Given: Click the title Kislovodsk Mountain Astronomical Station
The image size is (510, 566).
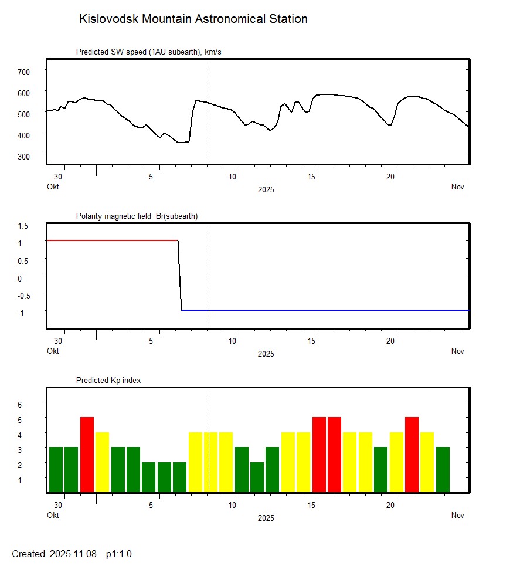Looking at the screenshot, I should [x=193, y=19].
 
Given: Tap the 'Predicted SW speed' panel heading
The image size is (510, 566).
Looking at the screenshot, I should [x=148, y=52].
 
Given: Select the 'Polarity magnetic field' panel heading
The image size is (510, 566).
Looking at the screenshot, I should [x=137, y=216].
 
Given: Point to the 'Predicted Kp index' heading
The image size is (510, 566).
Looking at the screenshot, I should [x=108, y=381].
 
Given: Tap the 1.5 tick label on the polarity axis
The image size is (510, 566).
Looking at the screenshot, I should [x=23, y=225].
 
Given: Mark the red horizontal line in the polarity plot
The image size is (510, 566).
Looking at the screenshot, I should [x=111, y=240].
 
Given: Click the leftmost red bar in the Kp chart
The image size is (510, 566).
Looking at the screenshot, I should [x=87, y=455].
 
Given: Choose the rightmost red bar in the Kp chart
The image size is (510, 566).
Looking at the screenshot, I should [x=412, y=455].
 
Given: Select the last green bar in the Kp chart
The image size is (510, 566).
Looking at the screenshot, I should [x=443, y=469].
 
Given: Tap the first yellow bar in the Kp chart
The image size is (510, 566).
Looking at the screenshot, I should [x=102, y=462].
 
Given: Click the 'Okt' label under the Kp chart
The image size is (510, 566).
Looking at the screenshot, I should [x=53, y=516].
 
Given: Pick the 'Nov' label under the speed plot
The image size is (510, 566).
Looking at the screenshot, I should [x=458, y=187].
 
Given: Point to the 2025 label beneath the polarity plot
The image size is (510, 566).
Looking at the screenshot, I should [x=266, y=354].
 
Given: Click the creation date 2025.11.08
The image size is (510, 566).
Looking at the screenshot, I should [x=73, y=554].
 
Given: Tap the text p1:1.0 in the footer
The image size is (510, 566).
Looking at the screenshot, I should [x=119, y=554].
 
